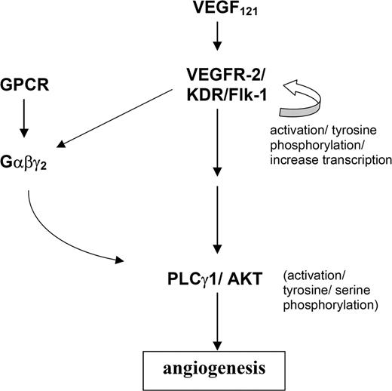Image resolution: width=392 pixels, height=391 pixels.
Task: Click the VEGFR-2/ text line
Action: coord(216,75)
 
